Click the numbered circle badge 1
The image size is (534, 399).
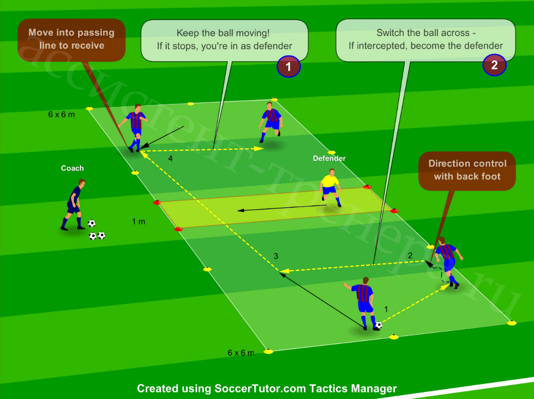(x=288, y=66)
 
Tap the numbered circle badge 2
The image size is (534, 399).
(x=494, y=65)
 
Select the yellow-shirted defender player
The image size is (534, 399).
(x=330, y=187)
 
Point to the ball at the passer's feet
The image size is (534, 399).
(x=378, y=325)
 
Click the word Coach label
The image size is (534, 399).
(x=72, y=168)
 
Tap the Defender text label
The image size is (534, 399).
(x=329, y=158)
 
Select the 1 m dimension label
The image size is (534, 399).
(x=139, y=222)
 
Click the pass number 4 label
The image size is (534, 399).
(x=170, y=158)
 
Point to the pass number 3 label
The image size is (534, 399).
(x=276, y=256)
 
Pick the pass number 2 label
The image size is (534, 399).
(x=410, y=255)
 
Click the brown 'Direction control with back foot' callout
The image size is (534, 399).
(x=467, y=171)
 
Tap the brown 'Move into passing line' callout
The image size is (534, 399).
(x=71, y=40)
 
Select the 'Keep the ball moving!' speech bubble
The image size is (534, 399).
(x=224, y=40)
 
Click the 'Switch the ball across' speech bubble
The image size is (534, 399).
(x=426, y=40)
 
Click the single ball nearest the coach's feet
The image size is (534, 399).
(x=91, y=223)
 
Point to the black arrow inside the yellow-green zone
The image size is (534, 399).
(x=282, y=208)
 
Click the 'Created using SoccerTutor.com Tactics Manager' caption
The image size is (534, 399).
(x=267, y=389)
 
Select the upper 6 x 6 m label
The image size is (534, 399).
(x=61, y=115)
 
